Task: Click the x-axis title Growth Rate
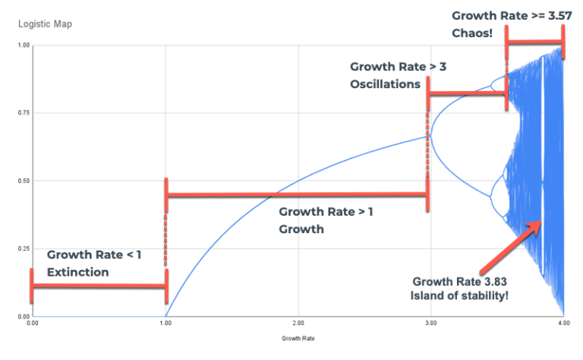click(297, 336)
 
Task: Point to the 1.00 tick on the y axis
click(23, 46)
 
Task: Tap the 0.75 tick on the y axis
click(23, 113)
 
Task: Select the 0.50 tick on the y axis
click(23, 181)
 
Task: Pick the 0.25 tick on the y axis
click(23, 249)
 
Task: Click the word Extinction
click(77, 272)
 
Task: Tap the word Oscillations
click(385, 84)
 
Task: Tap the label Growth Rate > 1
click(326, 212)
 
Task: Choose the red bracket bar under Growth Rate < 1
click(98, 286)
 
